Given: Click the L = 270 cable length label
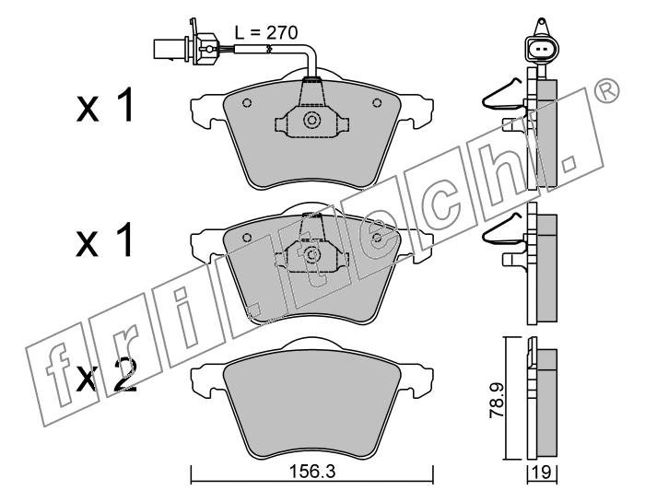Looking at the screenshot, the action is pyautogui.click(x=266, y=32).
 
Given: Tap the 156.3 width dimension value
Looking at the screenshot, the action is pyautogui.click(x=312, y=472).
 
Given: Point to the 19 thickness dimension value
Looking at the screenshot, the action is pyautogui.click(x=543, y=473).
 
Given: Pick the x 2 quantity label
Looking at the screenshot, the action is pyautogui.click(x=107, y=376).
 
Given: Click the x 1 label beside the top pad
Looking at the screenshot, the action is pyautogui.click(x=105, y=105).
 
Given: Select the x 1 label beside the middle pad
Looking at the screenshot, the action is pyautogui.click(x=104, y=240).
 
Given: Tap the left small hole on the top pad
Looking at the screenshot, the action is pyautogui.click(x=247, y=103).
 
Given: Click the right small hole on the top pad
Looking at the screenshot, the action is pyautogui.click(x=377, y=103).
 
